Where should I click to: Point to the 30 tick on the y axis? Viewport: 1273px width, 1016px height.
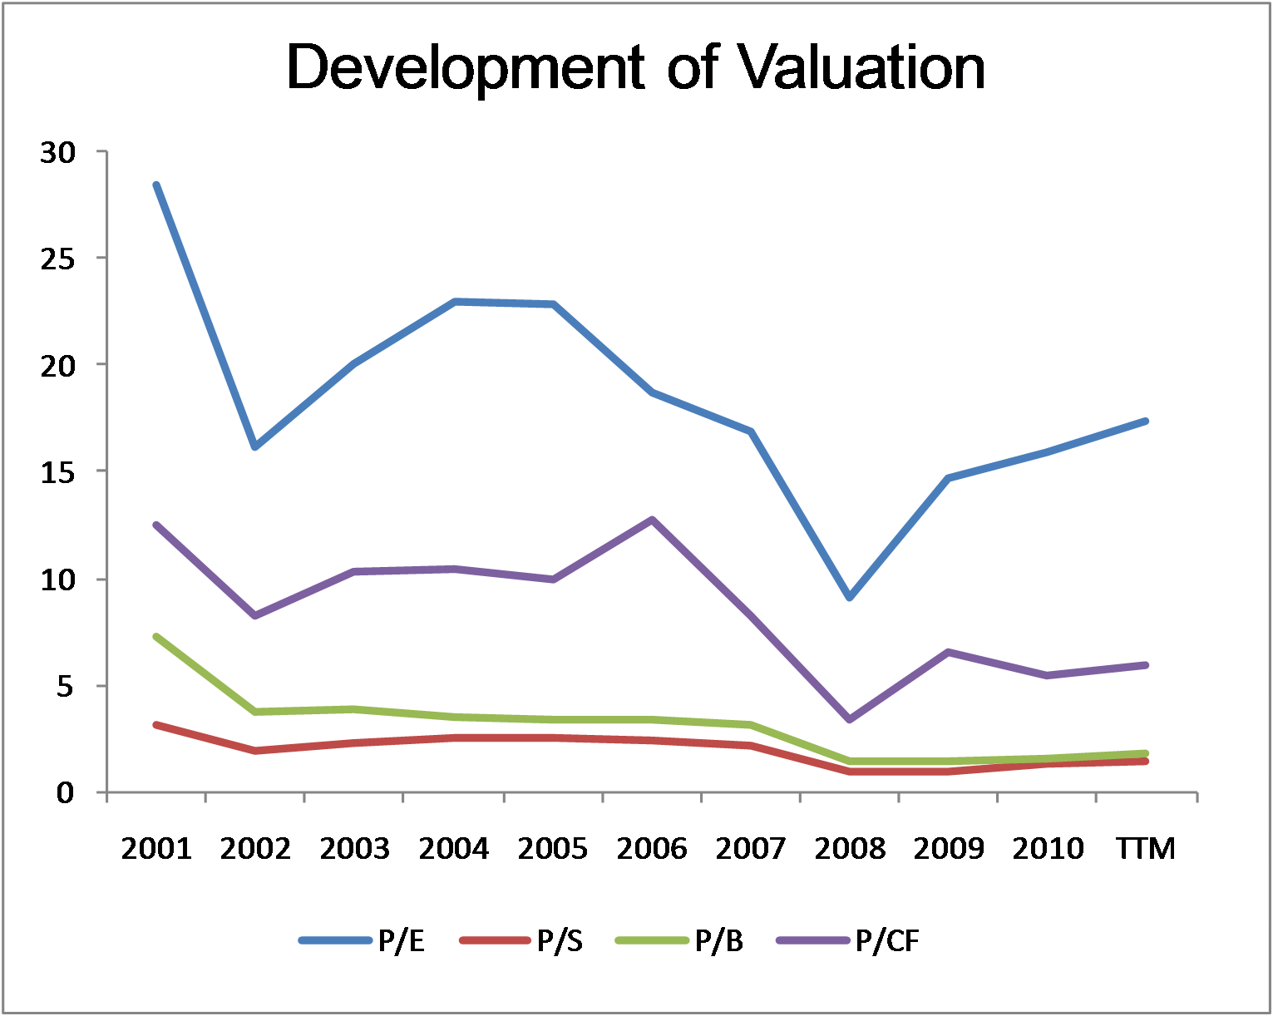[57, 152]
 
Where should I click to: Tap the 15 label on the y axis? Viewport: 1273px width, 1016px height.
[57, 471]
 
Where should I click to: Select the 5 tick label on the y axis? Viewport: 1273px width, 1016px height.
[65, 686]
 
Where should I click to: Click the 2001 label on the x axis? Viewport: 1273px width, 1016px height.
[156, 849]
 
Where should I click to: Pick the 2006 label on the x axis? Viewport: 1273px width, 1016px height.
[652, 849]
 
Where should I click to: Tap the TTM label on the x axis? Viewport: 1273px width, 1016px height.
[1146, 849]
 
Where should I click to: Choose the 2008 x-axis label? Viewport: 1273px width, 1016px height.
[850, 849]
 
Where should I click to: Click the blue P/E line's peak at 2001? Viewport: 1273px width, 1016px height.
[156, 185]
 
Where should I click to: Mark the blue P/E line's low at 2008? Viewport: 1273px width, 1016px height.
[849, 597]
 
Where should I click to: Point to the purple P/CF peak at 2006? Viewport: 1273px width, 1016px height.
[652, 520]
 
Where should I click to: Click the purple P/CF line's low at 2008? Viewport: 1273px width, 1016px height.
[849, 719]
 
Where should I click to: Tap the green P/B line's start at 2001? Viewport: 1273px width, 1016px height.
[156, 637]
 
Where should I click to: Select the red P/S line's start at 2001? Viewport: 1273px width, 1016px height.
[156, 725]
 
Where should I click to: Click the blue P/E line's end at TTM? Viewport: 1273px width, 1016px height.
[1146, 422]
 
